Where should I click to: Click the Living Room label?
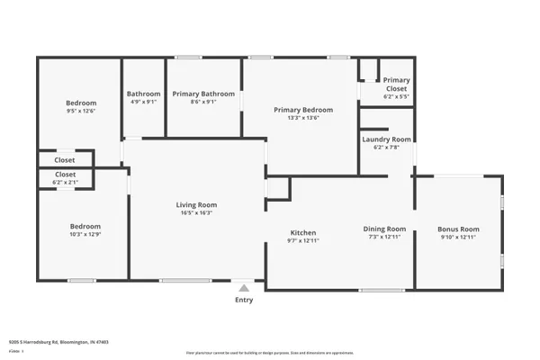pyautogui.click(x=196, y=205)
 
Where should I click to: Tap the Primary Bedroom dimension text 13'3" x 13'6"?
pyautogui.click(x=303, y=117)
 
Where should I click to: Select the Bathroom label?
pyautogui.click(x=143, y=94)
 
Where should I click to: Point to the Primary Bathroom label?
pyautogui.click(x=203, y=94)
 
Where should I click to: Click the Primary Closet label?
pyautogui.click(x=396, y=84)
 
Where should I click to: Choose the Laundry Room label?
pyautogui.click(x=386, y=139)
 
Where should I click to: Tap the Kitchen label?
pyautogui.click(x=302, y=232)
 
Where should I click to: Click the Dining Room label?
pyautogui.click(x=384, y=229)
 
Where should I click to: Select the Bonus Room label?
pyautogui.click(x=458, y=229)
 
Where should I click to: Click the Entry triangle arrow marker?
pyautogui.click(x=243, y=287)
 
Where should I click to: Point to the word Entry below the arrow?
pyautogui.click(x=243, y=300)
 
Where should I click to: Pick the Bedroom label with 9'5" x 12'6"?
pyautogui.click(x=80, y=103)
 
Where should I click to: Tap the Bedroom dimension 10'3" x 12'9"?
pyautogui.click(x=85, y=234)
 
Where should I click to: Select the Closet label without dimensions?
pyautogui.click(x=66, y=160)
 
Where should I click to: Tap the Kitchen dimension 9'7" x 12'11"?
pyautogui.click(x=302, y=240)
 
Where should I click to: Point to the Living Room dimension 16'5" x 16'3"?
pyautogui.click(x=196, y=213)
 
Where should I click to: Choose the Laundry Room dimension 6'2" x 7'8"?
pyautogui.click(x=386, y=148)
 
